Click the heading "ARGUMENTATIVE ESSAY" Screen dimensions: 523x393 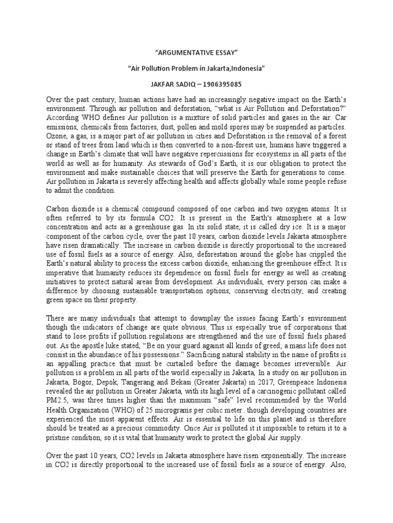(x=196, y=53)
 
